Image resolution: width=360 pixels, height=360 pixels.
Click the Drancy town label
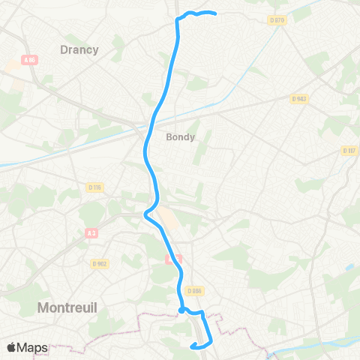pyautogui.click(x=79, y=49)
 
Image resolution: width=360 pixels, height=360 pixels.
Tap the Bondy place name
pyautogui.click(x=180, y=137)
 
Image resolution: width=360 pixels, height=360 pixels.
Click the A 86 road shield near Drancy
pyautogui.click(x=30, y=60)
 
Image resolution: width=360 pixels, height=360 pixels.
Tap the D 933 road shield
pyautogui.click(x=298, y=98)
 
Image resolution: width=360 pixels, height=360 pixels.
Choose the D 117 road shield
pyautogui.click(x=349, y=150)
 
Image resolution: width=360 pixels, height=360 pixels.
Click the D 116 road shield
pyautogui.click(x=94, y=186)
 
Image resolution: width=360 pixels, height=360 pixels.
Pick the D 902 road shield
pyautogui.click(x=100, y=263)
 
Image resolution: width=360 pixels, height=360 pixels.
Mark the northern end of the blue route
pyautogui.click(x=215, y=13)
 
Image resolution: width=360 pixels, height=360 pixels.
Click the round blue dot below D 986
pyautogui.click(x=182, y=309)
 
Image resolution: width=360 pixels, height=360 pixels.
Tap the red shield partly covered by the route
pyautogui.click(x=169, y=259)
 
